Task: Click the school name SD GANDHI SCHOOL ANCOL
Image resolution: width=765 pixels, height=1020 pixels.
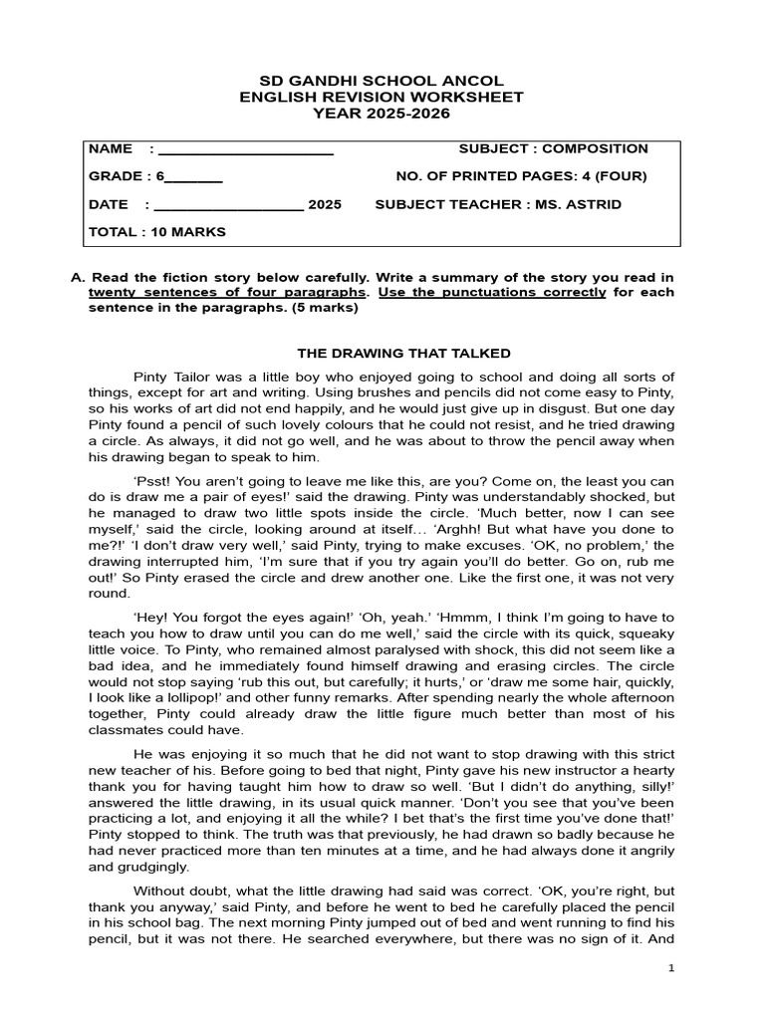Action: tap(382, 80)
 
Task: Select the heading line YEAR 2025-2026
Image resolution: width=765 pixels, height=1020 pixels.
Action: tap(382, 114)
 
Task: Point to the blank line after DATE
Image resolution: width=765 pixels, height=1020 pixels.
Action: tap(228, 207)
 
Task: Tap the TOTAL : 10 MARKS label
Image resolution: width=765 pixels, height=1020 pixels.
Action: tap(157, 232)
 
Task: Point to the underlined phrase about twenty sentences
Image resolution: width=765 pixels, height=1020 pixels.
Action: tap(227, 292)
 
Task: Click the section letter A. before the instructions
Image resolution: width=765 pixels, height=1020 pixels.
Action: tap(78, 276)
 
